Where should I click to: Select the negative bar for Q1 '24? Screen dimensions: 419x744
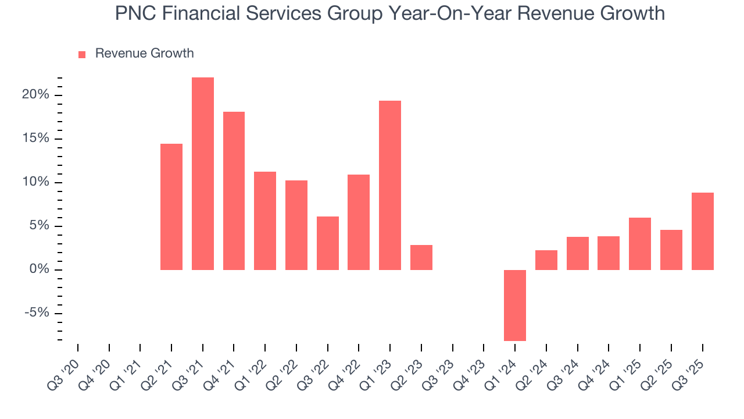515,305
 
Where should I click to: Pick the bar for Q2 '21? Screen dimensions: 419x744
171,207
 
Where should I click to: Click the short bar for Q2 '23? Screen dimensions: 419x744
421,257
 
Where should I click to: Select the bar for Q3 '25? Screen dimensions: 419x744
702,231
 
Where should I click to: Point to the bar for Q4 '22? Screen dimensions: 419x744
359,222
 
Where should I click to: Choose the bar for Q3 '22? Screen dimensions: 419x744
328,243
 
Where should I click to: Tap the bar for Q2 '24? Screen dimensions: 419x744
546,260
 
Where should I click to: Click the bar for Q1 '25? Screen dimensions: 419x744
640,243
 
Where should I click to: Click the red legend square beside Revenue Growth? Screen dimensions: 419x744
82,54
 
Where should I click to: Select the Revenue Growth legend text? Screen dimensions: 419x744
144,54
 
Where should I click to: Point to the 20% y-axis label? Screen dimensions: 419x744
35,95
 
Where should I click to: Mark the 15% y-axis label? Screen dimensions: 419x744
35,139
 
